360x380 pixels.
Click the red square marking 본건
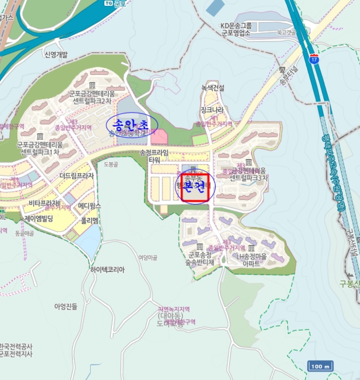click(195, 188)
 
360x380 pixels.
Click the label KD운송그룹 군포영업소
click(236, 29)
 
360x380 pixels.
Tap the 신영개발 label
click(55, 54)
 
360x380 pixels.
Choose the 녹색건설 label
click(213, 87)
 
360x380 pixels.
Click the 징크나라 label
click(212, 110)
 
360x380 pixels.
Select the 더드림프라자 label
click(77, 176)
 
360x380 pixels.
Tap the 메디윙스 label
click(90, 206)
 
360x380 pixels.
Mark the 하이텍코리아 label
click(108, 269)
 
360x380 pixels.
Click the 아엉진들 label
click(66, 306)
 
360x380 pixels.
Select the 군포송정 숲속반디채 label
click(201, 258)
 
